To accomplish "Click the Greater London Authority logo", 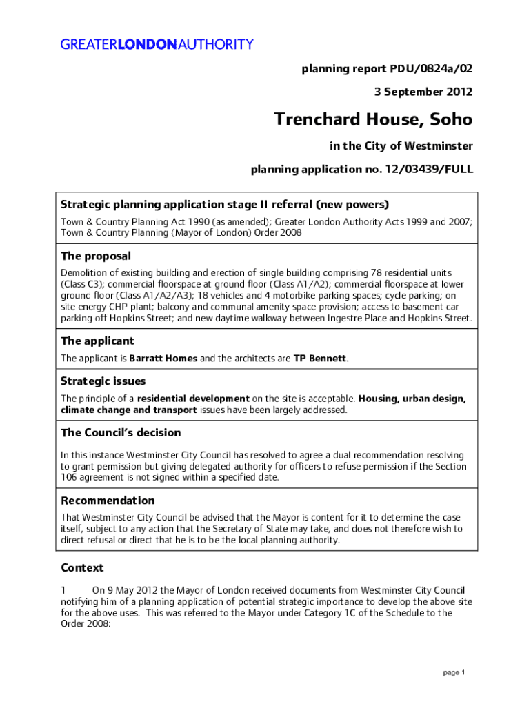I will pos(157,44).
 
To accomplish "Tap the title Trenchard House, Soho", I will pos(373,120).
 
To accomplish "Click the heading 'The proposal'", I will pos(96,256).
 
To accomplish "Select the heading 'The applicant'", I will pos(97,341).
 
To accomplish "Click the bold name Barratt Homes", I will pos(163,358).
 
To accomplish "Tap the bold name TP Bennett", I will pos(319,358).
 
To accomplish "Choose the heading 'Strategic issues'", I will pos(103,381).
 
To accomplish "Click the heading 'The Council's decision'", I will pos(121,432).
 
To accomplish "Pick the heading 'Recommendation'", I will pos(108,500).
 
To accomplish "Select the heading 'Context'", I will pos(82,567).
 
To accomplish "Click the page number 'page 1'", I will pos(454,672).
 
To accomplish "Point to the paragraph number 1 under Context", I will pos(63,590).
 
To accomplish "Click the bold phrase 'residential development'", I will pos(193,399).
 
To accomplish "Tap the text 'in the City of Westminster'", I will pos(401,145).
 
